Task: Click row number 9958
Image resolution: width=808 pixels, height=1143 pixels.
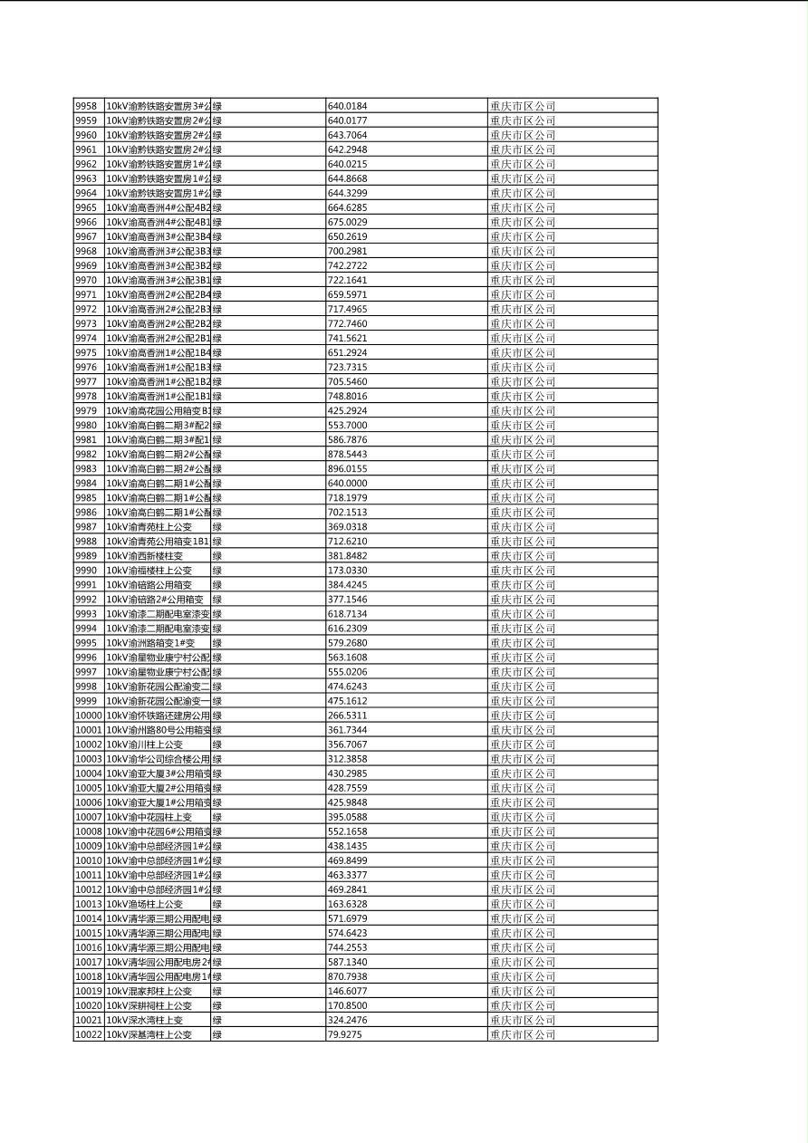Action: [85, 106]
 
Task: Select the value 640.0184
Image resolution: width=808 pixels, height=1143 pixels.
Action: [347, 106]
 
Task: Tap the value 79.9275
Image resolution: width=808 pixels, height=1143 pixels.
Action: [344, 1034]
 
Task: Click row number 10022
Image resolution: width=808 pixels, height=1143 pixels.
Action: [88, 1034]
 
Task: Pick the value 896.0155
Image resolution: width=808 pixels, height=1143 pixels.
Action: [347, 469]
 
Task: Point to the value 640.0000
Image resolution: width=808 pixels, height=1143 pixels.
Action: [347, 484]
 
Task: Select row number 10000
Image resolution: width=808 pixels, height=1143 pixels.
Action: [88, 716]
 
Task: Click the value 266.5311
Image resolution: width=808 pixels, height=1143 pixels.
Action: [347, 716]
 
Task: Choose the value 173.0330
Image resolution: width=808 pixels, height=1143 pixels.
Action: [347, 571]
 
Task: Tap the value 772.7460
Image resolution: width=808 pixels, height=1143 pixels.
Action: [347, 323]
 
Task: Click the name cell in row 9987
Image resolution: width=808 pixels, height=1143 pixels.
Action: [149, 527]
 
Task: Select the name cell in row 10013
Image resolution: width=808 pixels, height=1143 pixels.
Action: [145, 904]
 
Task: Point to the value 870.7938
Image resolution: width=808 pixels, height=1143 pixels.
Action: [347, 976]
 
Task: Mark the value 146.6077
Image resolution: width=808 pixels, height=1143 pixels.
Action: [347, 991]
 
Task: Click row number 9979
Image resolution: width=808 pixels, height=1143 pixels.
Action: [85, 410]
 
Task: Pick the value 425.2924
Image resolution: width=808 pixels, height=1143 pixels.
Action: [347, 410]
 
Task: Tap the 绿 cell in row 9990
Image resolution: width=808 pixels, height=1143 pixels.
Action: [217, 571]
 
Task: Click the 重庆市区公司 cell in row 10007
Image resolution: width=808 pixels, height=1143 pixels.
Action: [523, 817]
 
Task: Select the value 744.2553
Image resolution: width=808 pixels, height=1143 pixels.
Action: [347, 947]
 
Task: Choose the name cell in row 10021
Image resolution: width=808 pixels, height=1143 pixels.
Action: [145, 1020]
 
